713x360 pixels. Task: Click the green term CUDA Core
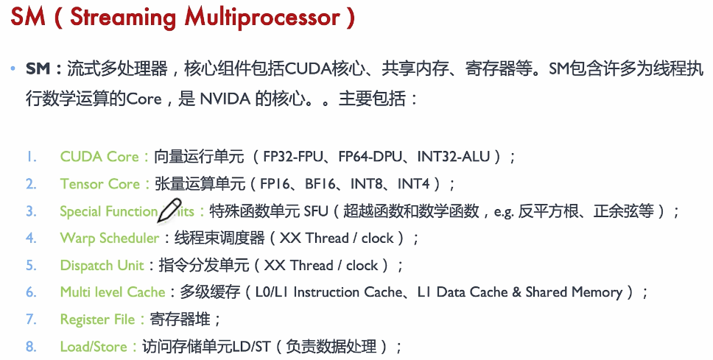click(x=99, y=157)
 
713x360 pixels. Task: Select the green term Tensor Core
click(x=99, y=184)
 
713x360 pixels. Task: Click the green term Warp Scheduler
click(x=109, y=239)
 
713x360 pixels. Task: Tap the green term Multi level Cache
click(x=112, y=293)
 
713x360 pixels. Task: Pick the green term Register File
click(x=97, y=320)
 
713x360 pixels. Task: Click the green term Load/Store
click(x=94, y=347)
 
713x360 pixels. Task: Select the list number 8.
click(x=31, y=347)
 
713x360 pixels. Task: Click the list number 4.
click(x=31, y=239)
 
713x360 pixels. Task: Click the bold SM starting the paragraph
click(x=38, y=70)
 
